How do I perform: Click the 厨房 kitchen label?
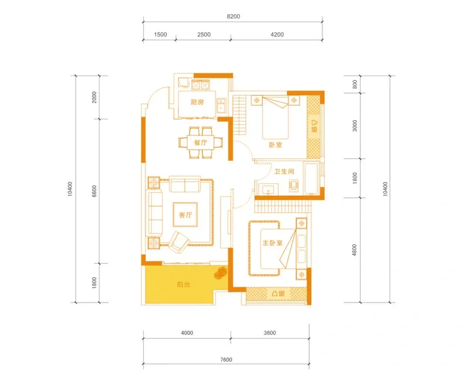point(197,102)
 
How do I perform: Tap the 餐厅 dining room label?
point(200,142)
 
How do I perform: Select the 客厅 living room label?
point(185,215)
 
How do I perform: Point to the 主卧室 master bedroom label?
point(273,243)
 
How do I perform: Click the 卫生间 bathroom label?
point(284,171)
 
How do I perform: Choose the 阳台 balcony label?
point(183,284)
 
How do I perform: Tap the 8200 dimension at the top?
point(233,16)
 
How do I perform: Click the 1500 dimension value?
point(160,35)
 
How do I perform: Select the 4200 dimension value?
point(277,35)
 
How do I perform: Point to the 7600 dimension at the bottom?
point(226,359)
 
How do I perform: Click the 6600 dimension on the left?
point(94,191)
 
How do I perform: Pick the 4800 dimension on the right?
point(355,250)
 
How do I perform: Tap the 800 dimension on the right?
point(355,84)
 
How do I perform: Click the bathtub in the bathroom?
point(312,179)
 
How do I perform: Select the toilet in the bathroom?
point(294,185)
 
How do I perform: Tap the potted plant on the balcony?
point(220,273)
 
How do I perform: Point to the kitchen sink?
point(222,105)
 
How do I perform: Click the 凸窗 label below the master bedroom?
point(278,294)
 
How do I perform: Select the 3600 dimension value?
point(270,333)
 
